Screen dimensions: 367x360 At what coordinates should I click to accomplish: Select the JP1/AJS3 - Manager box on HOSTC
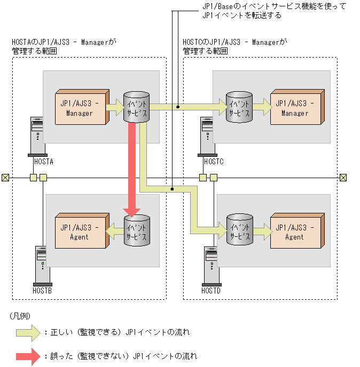[295, 109]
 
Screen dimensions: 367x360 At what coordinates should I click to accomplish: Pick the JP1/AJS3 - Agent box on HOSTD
[295, 232]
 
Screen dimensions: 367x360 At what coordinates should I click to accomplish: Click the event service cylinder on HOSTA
[136, 107]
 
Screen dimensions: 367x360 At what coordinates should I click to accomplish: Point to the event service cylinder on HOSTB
[136, 230]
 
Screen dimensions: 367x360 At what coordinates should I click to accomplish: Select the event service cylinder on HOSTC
[239, 107]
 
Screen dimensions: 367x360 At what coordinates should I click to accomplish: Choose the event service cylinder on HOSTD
[239, 230]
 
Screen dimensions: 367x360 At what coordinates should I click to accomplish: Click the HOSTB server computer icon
[42, 265]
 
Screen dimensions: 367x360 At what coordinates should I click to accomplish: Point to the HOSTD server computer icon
[210, 265]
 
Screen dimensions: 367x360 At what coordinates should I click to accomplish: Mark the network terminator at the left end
[5, 178]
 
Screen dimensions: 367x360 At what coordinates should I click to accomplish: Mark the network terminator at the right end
[343, 178]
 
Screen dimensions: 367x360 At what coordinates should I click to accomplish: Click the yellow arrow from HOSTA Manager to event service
[115, 108]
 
